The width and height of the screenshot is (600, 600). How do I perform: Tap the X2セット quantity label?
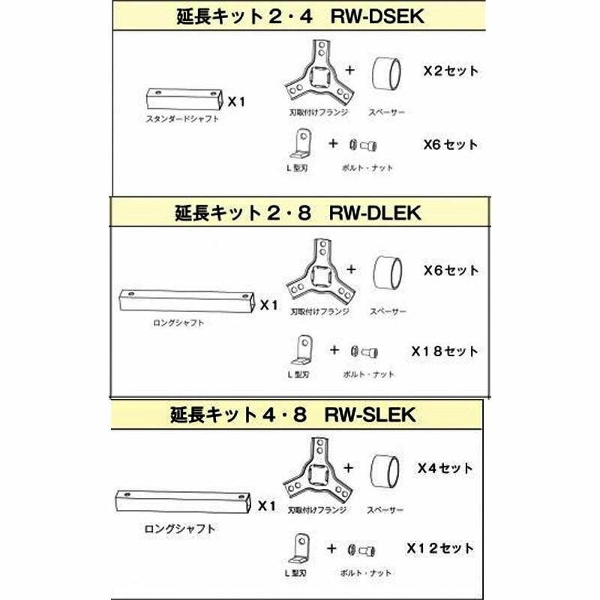450,72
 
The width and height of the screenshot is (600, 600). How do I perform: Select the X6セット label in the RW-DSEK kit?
450,144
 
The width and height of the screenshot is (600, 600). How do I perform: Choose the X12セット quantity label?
440,548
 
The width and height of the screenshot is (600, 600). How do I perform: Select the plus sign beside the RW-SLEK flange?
351,467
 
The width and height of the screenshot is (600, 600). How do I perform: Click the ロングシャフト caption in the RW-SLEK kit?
179,529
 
